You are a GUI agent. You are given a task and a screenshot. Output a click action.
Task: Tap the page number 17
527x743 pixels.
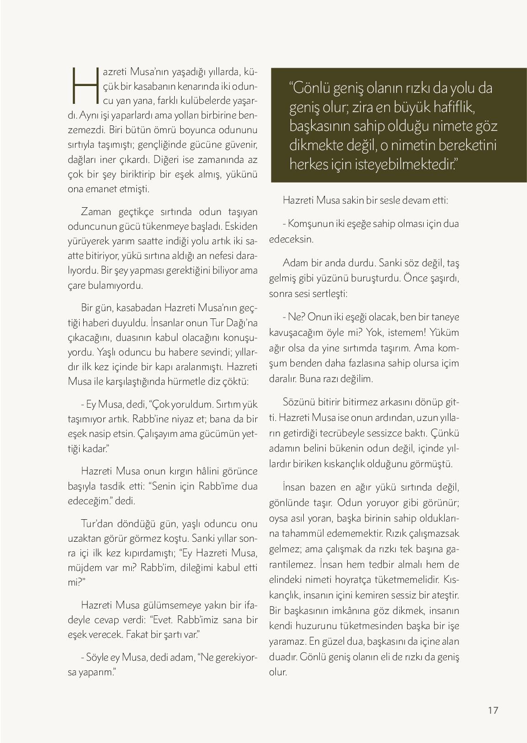493,710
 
